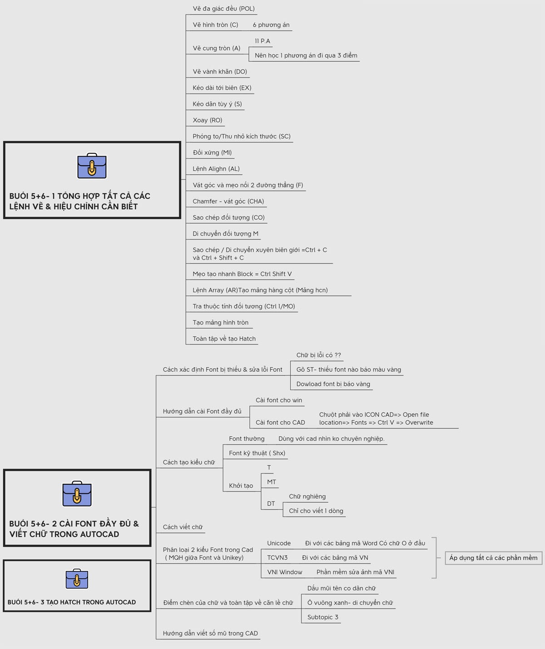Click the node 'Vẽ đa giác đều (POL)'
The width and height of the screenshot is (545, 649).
click(223, 9)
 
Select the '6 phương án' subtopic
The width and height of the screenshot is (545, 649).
click(271, 25)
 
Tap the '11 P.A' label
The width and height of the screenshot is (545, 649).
click(262, 41)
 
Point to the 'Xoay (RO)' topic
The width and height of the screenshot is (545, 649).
click(208, 120)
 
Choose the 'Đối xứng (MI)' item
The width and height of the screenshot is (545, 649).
click(212, 152)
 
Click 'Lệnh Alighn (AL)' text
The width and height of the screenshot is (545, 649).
click(216, 169)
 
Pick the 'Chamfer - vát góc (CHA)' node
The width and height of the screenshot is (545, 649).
click(228, 201)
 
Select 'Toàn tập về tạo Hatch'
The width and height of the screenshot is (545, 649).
click(224, 339)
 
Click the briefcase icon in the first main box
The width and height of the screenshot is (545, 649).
click(92, 166)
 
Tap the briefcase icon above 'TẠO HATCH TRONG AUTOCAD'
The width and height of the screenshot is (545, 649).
click(77, 579)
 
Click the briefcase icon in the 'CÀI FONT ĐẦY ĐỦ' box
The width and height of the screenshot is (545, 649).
click(77, 494)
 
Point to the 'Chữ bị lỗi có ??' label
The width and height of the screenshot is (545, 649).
click(318, 355)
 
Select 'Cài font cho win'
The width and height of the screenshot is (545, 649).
click(279, 400)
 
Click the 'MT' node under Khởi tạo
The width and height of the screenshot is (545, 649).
click(272, 482)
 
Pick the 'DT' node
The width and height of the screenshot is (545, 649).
click(271, 503)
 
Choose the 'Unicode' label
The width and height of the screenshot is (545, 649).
click(279, 543)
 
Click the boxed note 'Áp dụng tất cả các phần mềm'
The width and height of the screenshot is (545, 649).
click(493, 558)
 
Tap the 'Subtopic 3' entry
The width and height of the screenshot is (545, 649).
click(322, 617)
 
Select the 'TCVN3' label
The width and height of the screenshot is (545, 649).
click(277, 558)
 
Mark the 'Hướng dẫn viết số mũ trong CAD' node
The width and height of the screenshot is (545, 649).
click(210, 633)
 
